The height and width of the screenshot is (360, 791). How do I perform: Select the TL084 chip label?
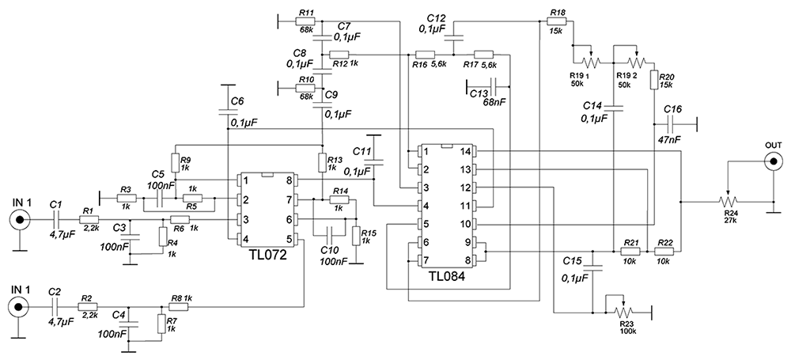(447, 277)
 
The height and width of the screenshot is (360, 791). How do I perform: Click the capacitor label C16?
(672, 109)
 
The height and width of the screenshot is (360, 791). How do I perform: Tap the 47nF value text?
(668, 140)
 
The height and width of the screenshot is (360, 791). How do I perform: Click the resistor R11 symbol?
(306, 21)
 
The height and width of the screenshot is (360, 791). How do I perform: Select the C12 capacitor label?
(436, 17)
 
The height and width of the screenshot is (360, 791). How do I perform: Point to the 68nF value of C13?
(495, 102)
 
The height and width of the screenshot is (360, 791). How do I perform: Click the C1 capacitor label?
(55, 204)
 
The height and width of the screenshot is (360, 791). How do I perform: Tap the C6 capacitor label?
(237, 101)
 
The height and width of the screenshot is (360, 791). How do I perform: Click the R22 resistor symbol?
(664, 251)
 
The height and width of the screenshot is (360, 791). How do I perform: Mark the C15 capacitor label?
(573, 260)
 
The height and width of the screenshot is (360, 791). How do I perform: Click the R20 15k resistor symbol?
(654, 80)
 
